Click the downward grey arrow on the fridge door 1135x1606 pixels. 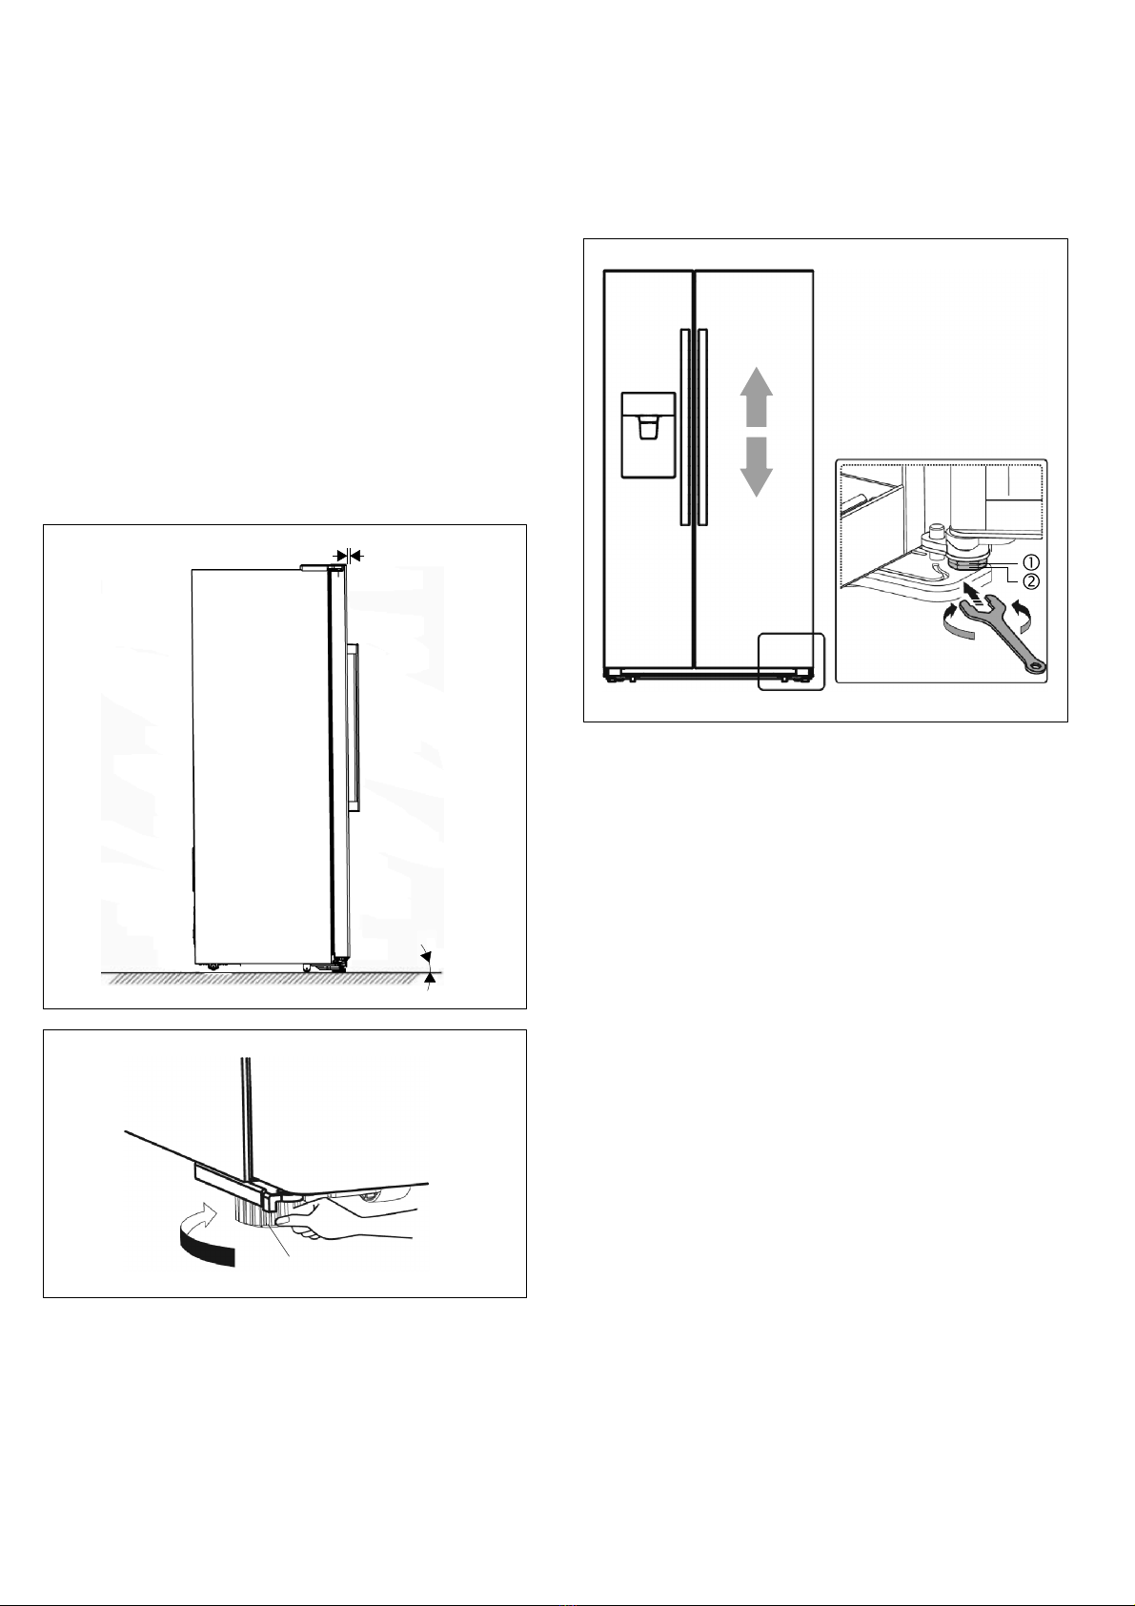(756, 467)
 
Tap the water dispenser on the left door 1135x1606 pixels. (648, 436)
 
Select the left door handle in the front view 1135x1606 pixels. (684, 427)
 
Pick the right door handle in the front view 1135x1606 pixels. (702, 427)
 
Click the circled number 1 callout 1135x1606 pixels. (1030, 562)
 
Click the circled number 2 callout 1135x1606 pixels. (1030, 581)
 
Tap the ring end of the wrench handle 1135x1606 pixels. (1035, 667)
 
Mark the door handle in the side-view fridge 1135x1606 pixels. (354, 728)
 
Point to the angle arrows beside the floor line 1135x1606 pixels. (428, 968)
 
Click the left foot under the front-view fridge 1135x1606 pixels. (613, 676)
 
